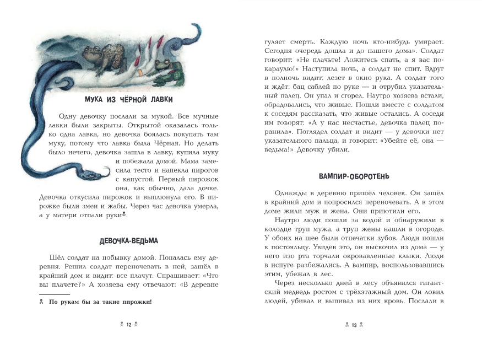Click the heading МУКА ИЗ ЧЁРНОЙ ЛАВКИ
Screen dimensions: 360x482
click(x=129, y=100)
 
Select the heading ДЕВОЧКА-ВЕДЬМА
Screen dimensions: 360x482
click(x=129, y=241)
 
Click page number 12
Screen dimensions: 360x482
click(x=129, y=325)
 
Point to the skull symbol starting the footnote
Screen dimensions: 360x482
click(x=41, y=302)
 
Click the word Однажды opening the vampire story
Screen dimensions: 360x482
click(x=287, y=192)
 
